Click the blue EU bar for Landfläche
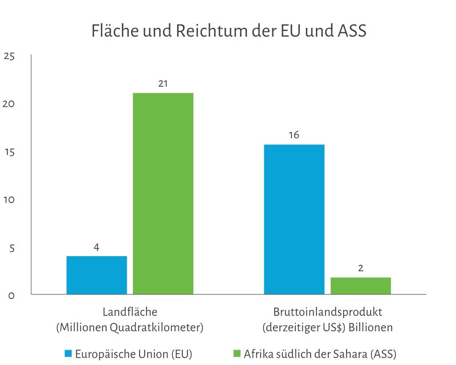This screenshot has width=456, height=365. click(96, 275)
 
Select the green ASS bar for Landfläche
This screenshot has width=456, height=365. click(163, 194)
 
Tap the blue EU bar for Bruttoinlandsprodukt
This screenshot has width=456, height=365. click(294, 220)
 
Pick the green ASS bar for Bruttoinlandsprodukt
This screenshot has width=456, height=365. click(360, 286)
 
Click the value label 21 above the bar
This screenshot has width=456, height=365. click(163, 84)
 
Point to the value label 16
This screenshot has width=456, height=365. click(294, 135)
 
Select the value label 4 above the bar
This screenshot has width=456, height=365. click(96, 248)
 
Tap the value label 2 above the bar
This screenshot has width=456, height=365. click(361, 267)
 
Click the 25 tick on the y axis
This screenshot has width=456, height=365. click(9, 56)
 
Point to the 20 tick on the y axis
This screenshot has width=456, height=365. click(9, 104)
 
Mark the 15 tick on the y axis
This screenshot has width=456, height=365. click(9, 152)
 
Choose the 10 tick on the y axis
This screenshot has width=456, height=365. click(9, 200)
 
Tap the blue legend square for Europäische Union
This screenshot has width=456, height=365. click(69, 354)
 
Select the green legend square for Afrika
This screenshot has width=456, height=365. click(238, 354)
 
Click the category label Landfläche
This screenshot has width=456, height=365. click(129, 313)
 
